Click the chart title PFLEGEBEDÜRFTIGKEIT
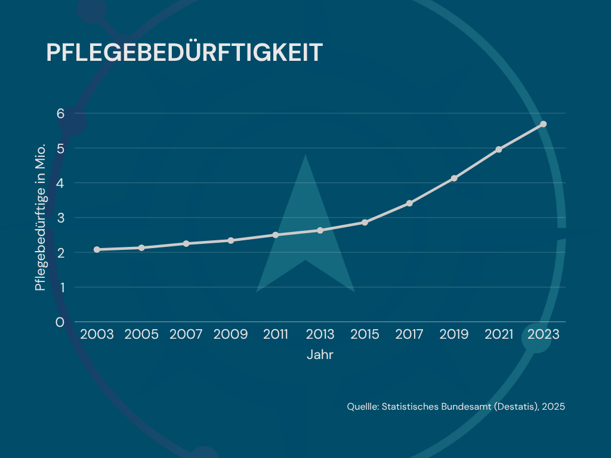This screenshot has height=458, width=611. click(x=184, y=52)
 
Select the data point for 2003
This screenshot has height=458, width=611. click(x=97, y=249)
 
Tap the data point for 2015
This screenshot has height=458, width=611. click(x=365, y=222)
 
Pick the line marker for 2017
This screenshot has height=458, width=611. click(x=409, y=203)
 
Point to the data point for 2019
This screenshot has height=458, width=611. click(x=454, y=178)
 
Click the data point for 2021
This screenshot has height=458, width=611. click(x=499, y=149)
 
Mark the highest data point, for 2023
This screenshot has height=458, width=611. click(x=543, y=124)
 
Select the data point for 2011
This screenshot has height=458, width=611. click(x=276, y=235)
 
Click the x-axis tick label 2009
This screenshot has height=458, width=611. click(x=231, y=335)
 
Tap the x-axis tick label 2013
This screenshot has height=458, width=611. click(x=320, y=335)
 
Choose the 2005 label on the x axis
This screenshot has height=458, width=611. click(x=141, y=335)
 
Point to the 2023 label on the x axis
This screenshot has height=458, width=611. click(x=543, y=335)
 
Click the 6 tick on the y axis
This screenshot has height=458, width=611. click(x=60, y=113)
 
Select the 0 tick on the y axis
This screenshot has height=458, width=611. click(x=60, y=323)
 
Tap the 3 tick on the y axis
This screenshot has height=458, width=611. click(x=60, y=218)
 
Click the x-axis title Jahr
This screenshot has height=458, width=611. click(x=320, y=355)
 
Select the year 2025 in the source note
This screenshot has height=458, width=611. click(x=553, y=407)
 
